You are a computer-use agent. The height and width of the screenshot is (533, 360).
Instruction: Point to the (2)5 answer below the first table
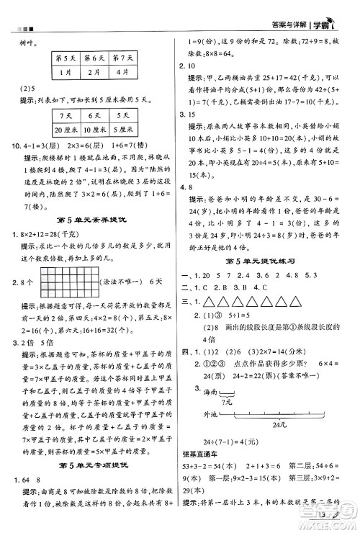click(x=30, y=90)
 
